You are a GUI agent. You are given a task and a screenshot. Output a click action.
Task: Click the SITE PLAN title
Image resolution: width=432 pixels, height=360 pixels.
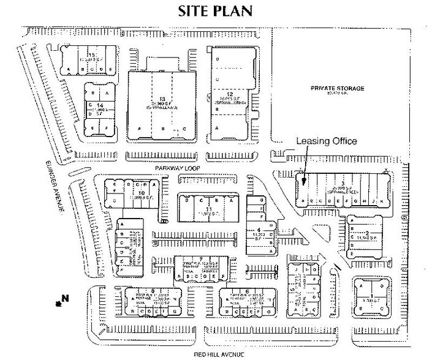[x=216, y=11]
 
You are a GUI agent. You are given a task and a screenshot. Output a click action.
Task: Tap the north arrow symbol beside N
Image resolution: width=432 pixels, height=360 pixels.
[x=59, y=301]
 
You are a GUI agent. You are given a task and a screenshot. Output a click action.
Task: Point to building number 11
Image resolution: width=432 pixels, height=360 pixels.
[x=208, y=209]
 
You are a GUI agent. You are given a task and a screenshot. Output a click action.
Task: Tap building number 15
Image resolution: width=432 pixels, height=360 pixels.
[x=91, y=56]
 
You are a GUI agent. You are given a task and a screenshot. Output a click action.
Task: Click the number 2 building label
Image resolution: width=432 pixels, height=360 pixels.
[x=367, y=233]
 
